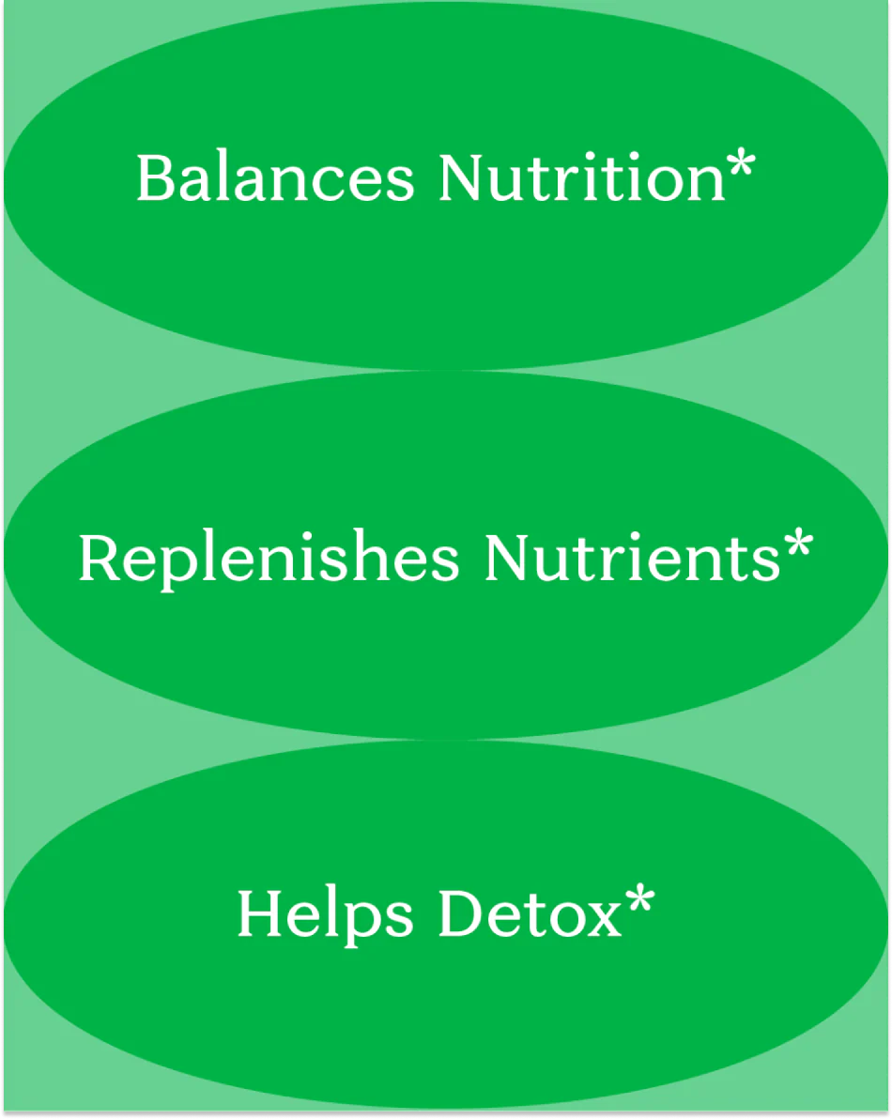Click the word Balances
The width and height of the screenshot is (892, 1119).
click(x=275, y=177)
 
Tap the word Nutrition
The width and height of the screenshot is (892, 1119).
click(x=582, y=177)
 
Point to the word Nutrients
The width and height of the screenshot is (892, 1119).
click(x=632, y=558)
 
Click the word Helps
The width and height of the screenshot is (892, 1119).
click(x=326, y=915)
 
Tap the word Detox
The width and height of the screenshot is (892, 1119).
click(x=531, y=913)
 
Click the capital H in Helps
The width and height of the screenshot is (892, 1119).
click(x=263, y=913)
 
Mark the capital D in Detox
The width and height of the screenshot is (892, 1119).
click(x=461, y=913)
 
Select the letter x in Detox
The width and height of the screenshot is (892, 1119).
click(x=604, y=921)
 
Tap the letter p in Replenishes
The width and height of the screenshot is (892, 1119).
click(x=181, y=568)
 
